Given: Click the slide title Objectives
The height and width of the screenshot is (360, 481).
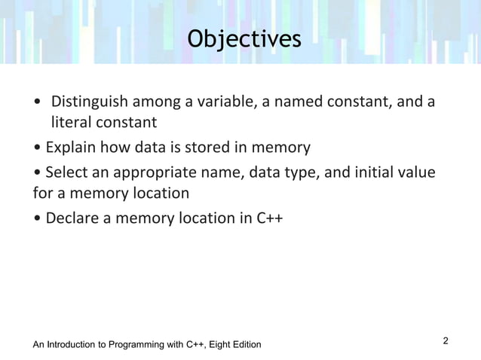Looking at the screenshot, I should click(244, 38).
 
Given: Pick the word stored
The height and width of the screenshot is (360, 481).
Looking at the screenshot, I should click(202, 146).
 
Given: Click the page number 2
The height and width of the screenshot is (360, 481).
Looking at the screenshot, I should click(446, 341).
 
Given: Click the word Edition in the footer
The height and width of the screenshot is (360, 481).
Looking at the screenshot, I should click(244, 345).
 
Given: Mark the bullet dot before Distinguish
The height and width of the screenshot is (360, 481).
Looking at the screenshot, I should click(38, 102).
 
